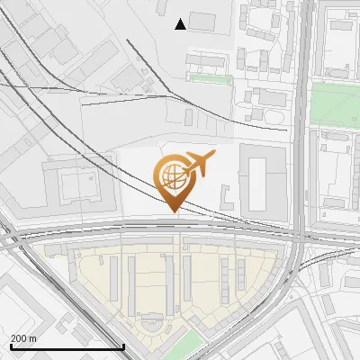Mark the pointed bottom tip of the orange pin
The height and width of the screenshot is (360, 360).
[174, 211]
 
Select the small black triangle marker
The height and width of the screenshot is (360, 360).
[181, 24]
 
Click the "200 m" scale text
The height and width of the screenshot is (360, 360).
[23, 338]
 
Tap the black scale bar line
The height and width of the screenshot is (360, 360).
[67, 346]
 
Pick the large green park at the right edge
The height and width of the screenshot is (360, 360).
[337, 103]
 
